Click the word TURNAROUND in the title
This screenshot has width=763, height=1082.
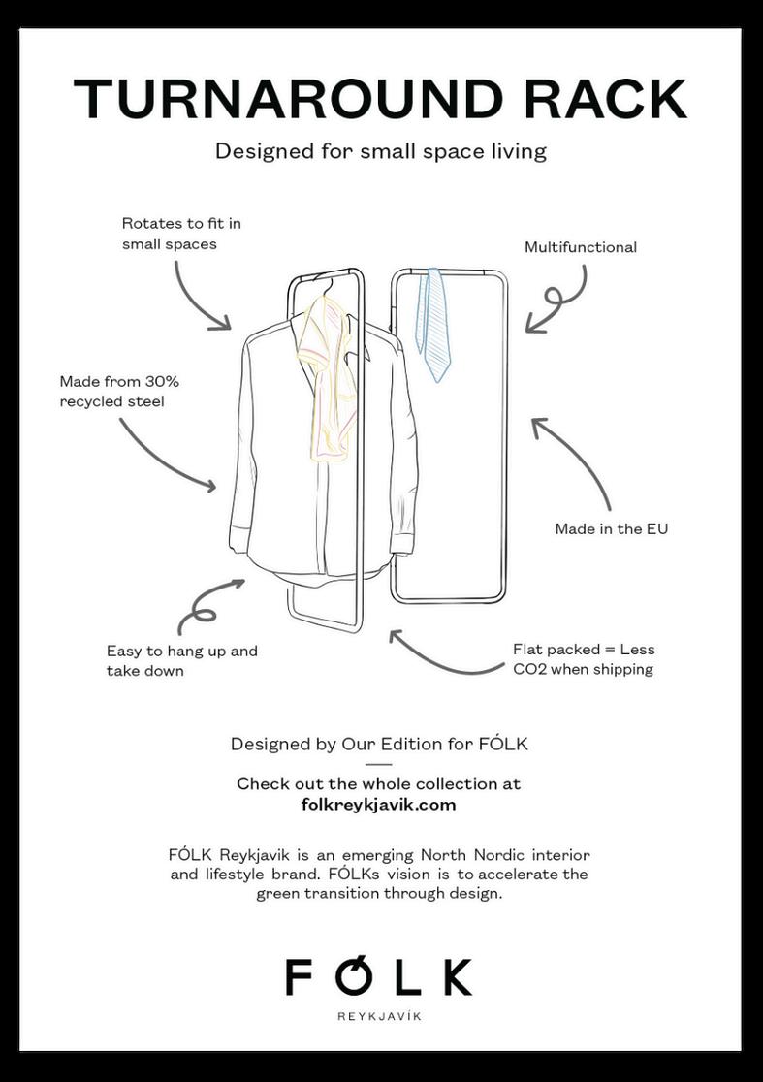pyautogui.click(x=287, y=98)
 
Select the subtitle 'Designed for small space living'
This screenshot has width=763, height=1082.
pyautogui.click(x=381, y=151)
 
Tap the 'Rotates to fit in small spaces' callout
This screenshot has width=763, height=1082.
pyautogui.click(x=181, y=234)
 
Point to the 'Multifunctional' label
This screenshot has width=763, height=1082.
pyautogui.click(x=580, y=247)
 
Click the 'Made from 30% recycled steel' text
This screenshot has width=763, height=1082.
pyautogui.click(x=119, y=391)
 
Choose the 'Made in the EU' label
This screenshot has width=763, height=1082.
pyautogui.click(x=611, y=528)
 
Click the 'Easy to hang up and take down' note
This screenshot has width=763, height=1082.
pyautogui.click(x=181, y=660)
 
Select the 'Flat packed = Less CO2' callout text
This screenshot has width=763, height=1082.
pyautogui.click(x=584, y=659)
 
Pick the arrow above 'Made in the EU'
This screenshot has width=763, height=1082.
pyautogui.click(x=574, y=461)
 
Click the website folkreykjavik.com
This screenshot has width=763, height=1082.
pyautogui.click(x=378, y=804)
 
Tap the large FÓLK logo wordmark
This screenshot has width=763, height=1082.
pyautogui.click(x=379, y=976)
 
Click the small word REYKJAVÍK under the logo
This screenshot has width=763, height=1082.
pyautogui.click(x=379, y=1016)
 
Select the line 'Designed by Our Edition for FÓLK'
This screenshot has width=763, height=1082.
pyautogui.click(x=379, y=745)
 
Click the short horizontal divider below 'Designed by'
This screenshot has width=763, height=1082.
pyautogui.click(x=379, y=765)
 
